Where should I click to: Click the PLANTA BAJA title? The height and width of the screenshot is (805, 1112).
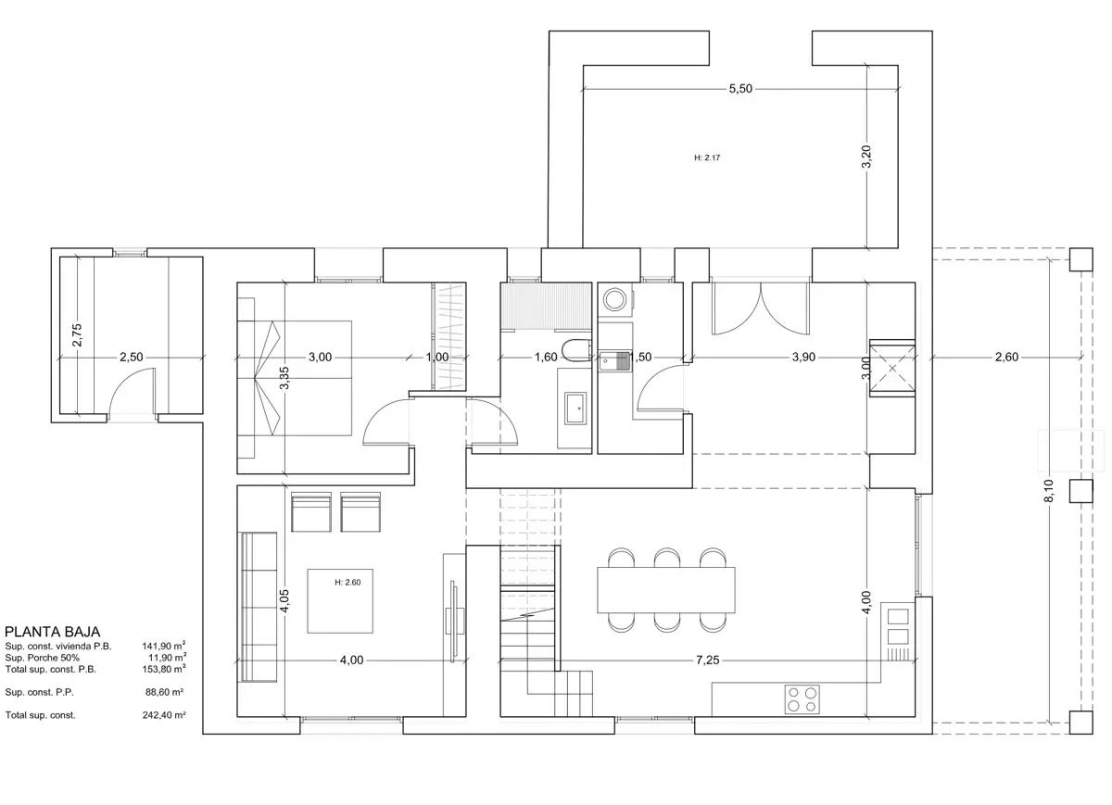coord(52,632)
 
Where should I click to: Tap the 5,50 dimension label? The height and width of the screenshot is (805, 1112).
coord(740,89)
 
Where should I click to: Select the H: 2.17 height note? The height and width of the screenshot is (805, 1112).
coord(707,157)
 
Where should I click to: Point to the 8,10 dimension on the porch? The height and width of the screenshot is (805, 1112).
coord(1049,491)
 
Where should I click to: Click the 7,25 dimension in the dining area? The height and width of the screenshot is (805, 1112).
coord(707,660)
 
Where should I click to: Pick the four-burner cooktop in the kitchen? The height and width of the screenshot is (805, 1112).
coord(802,699)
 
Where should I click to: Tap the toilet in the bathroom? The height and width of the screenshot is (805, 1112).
coord(576,349)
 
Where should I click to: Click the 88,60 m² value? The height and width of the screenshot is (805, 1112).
coord(164,692)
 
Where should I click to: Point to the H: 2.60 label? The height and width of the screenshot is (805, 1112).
coord(347,582)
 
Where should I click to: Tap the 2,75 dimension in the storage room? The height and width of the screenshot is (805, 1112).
coord(77,335)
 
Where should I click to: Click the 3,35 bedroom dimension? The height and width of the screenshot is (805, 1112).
coord(284,378)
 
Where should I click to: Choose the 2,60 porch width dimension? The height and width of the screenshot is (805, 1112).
coord(1006,357)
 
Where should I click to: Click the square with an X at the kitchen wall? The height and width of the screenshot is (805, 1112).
coord(892,369)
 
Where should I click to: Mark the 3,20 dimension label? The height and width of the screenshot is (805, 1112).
coord(866,157)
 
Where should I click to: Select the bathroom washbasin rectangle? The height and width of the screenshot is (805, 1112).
coord(575,408)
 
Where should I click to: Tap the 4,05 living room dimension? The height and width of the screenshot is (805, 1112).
coord(284,601)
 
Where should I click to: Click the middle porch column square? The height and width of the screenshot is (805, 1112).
coord(1080,491)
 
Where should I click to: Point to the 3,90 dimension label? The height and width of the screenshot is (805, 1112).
coord(803,357)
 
